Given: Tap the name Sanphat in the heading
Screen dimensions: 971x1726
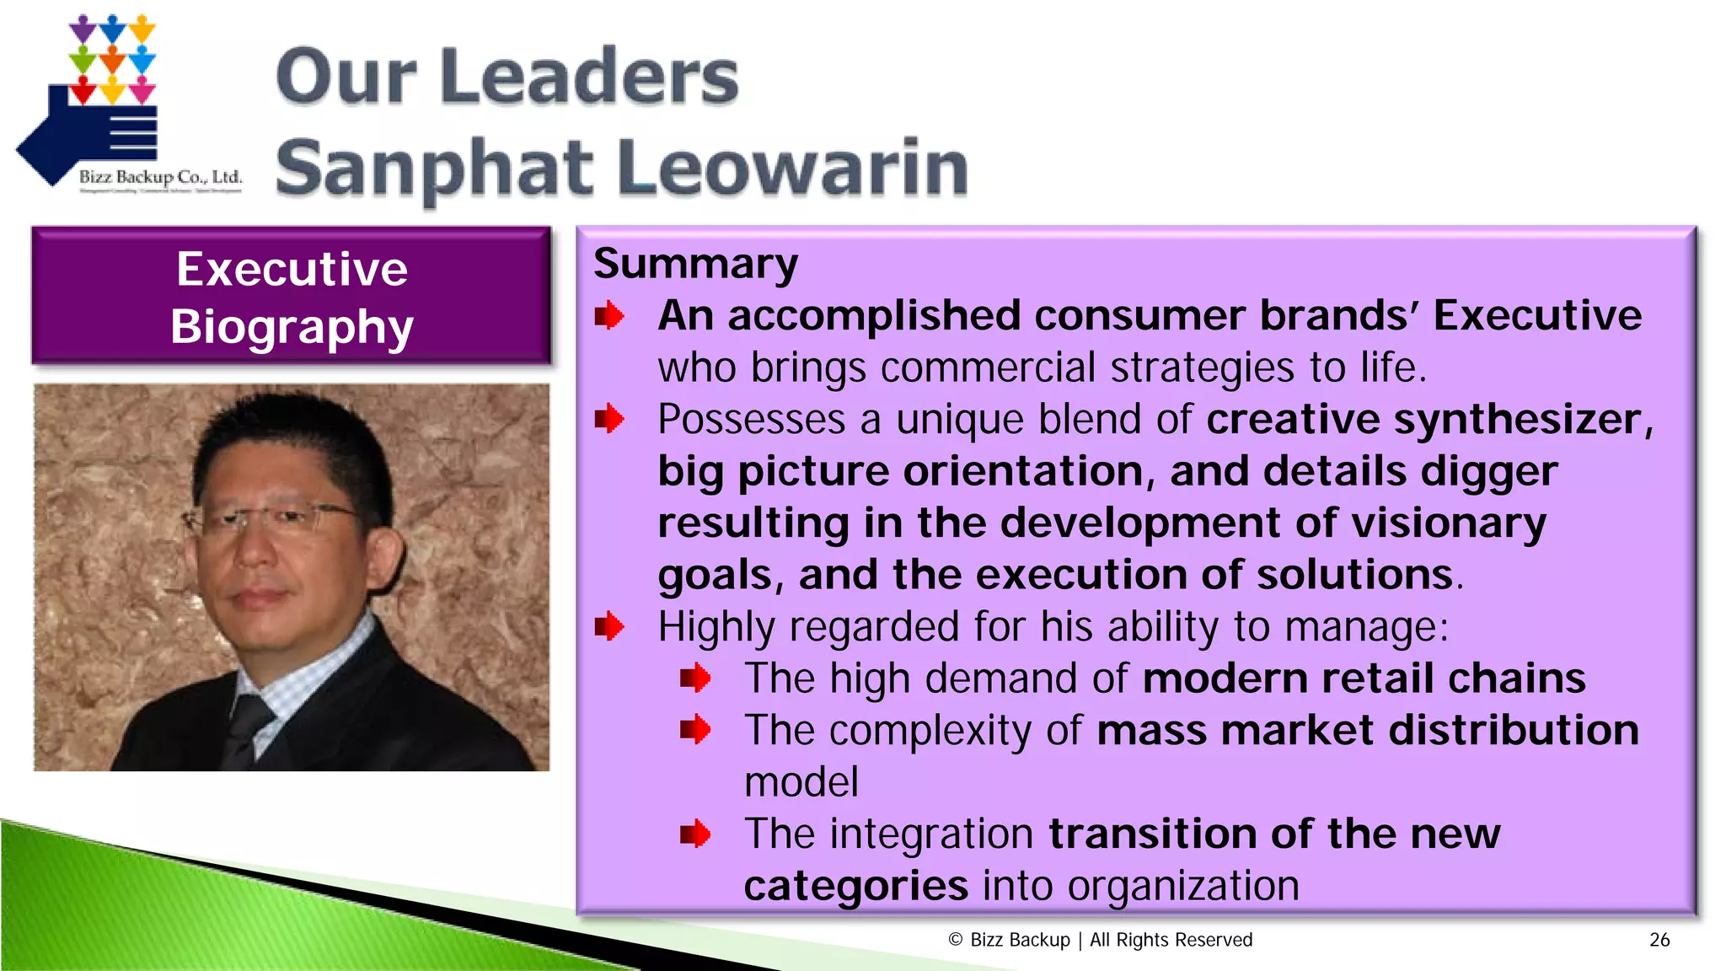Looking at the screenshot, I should tap(435, 169).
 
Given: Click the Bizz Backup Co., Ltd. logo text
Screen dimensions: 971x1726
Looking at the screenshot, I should tap(160, 177).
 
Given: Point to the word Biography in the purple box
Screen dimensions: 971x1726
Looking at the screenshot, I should tap(292, 327).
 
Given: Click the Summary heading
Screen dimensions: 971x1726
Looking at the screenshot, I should tap(695, 264).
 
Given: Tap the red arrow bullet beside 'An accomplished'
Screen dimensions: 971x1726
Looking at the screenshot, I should tap(609, 317).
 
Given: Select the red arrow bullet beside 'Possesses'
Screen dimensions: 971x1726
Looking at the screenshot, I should tap(609, 419).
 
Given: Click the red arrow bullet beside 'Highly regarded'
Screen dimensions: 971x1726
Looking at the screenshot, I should tap(609, 627).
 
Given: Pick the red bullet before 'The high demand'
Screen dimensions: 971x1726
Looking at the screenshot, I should tap(695, 678).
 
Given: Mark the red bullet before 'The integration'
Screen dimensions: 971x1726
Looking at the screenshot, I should tap(695, 834).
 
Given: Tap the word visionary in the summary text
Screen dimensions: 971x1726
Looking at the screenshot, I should tap(1449, 523).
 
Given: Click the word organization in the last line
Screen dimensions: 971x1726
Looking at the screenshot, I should tap(1183, 886).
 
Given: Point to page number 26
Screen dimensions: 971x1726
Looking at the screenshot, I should tap(1659, 940).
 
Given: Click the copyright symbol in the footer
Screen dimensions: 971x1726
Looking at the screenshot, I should tap(955, 940).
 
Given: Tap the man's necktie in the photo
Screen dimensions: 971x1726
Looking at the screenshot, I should tap(246, 725).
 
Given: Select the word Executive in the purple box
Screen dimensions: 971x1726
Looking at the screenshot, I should tap(292, 270).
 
